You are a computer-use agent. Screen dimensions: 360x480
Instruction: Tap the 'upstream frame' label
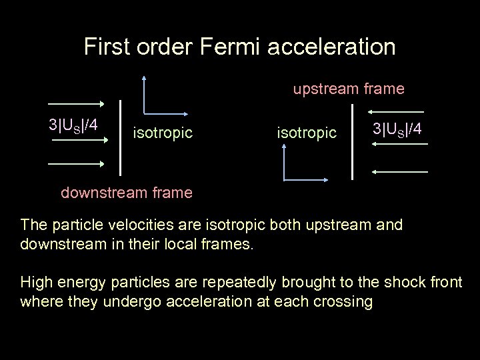point(349,89)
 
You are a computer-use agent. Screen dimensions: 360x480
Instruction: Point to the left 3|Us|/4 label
point(73,125)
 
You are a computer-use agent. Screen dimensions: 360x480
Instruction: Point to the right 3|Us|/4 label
point(397,127)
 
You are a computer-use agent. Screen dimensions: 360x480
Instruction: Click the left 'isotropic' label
point(163,133)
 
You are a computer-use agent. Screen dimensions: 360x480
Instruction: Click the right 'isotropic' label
point(307,133)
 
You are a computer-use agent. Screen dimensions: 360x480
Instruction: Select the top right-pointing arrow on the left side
point(75,104)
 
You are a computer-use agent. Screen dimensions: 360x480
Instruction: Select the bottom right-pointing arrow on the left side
point(75,164)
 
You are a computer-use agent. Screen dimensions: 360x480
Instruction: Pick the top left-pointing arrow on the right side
point(399,111)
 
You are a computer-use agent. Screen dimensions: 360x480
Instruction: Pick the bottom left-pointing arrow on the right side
point(399,172)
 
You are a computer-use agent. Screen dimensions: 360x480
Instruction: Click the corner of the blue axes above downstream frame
point(285,179)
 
